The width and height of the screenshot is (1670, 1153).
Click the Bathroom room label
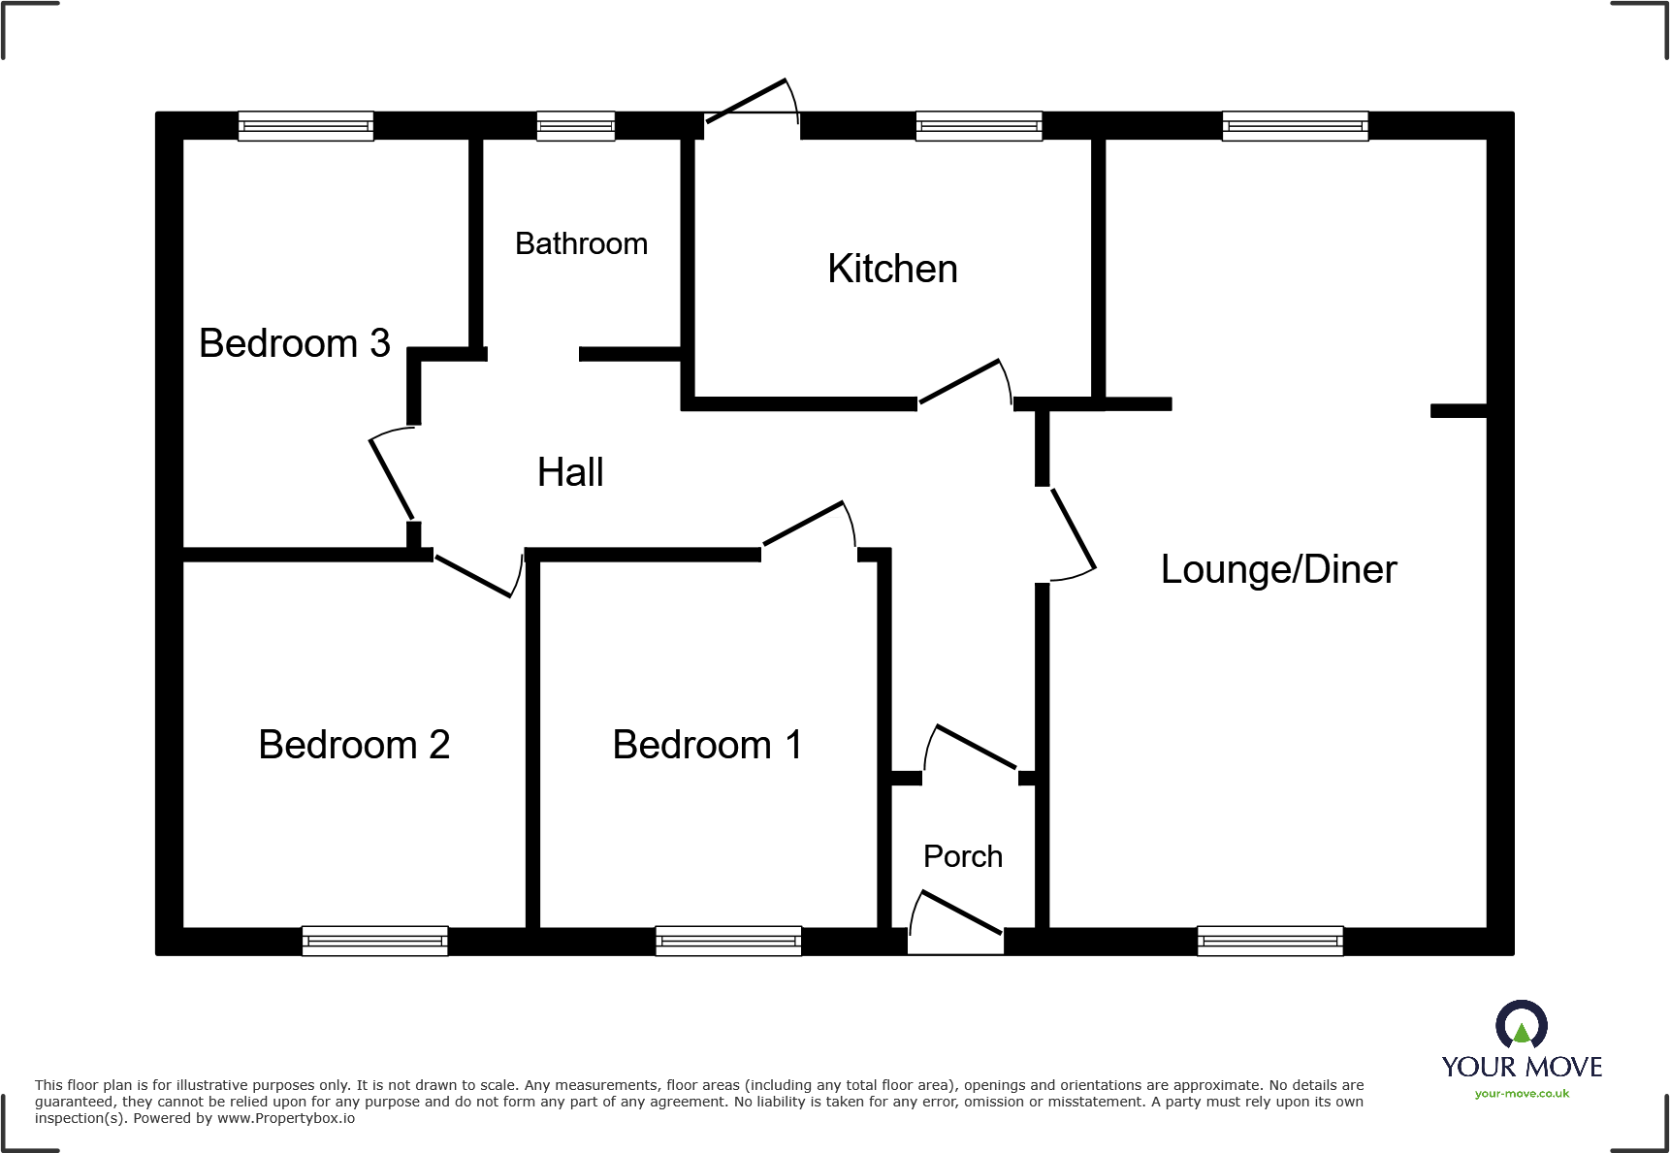(581, 243)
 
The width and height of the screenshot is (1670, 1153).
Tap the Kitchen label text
(892, 269)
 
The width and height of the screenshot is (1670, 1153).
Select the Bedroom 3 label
(294, 343)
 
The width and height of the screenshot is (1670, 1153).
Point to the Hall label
(570, 472)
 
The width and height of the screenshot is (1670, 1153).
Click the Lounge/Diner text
(1278, 569)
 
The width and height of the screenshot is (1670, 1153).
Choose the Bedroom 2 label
(354, 745)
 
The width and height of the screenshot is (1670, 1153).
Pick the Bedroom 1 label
(707, 745)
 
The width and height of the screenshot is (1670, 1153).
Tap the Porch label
(962, 856)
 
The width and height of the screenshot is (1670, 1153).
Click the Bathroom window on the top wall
(576, 126)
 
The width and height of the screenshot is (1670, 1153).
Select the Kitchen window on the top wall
(979, 126)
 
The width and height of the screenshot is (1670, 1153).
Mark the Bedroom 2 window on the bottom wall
(374, 941)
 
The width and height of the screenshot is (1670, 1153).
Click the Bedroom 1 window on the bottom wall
(728, 941)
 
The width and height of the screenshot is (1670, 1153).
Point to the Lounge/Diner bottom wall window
(1269, 941)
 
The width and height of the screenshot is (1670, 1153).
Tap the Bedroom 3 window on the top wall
(305, 126)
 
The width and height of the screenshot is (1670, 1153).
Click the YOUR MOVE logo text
(1522, 1067)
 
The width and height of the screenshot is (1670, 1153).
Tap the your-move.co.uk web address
(1522, 1094)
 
